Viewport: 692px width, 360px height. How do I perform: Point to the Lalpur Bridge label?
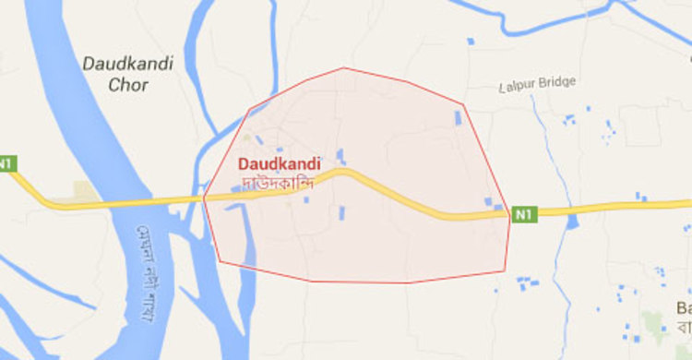(x=538, y=82)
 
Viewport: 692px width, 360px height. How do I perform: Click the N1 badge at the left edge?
(x=6, y=163)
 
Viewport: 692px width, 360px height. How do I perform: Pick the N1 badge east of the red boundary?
(x=523, y=214)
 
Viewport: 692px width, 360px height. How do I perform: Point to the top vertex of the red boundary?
(x=344, y=67)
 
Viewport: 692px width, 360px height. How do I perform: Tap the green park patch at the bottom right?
(x=653, y=322)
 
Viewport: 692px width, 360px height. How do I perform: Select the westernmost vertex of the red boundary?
(x=203, y=198)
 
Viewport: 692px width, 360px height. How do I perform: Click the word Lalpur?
(x=516, y=83)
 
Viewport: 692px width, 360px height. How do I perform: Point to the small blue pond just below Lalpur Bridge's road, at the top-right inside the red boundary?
(x=458, y=118)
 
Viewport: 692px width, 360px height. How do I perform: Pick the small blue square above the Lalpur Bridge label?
(x=471, y=41)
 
